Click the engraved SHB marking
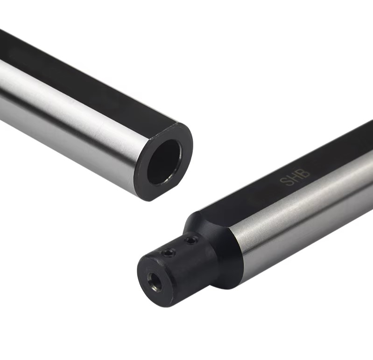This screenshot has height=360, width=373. click(x=295, y=177)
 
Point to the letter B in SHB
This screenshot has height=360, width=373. click(x=305, y=172)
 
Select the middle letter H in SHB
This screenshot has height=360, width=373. click(x=295, y=177)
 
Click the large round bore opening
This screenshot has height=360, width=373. click(x=164, y=162)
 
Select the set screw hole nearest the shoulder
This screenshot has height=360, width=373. click(x=192, y=241)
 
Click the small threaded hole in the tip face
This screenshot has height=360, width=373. click(x=155, y=282)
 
